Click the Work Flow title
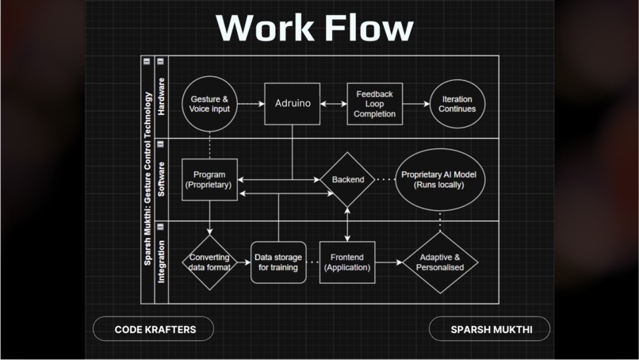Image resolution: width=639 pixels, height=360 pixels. click(315, 28)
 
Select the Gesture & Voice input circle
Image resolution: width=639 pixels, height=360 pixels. click(210, 104)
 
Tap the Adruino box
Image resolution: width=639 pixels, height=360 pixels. click(292, 104)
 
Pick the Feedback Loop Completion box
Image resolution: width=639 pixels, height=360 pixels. click(374, 104)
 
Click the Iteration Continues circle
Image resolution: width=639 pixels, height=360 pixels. click(457, 104)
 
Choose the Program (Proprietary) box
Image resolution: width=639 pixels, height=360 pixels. click(209, 179)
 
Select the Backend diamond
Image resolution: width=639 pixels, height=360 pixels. click(347, 179)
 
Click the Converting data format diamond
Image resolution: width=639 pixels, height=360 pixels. click(209, 262)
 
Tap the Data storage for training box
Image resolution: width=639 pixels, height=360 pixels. click(278, 262)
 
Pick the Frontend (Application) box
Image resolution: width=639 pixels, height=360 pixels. click(347, 262)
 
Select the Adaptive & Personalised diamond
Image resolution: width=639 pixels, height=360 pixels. click(440, 262)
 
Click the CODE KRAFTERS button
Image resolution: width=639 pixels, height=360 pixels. click(154, 328)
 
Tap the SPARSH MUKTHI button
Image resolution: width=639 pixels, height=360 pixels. click(489, 328)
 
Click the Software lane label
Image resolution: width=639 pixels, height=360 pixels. click(162, 179)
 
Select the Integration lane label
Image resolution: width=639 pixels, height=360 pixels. click(162, 262)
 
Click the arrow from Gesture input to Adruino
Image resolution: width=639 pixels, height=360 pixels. click(251, 104)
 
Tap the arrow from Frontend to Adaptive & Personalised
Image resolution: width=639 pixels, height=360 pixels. click(388, 262)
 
